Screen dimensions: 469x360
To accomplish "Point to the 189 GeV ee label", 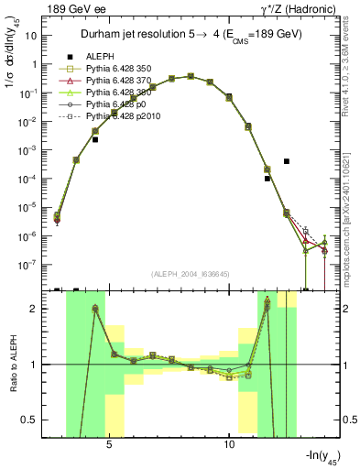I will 41,8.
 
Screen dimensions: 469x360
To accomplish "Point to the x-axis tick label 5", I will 109,442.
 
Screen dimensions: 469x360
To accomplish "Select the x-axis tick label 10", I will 230,442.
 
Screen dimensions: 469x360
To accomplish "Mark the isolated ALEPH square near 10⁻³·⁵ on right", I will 287,161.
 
